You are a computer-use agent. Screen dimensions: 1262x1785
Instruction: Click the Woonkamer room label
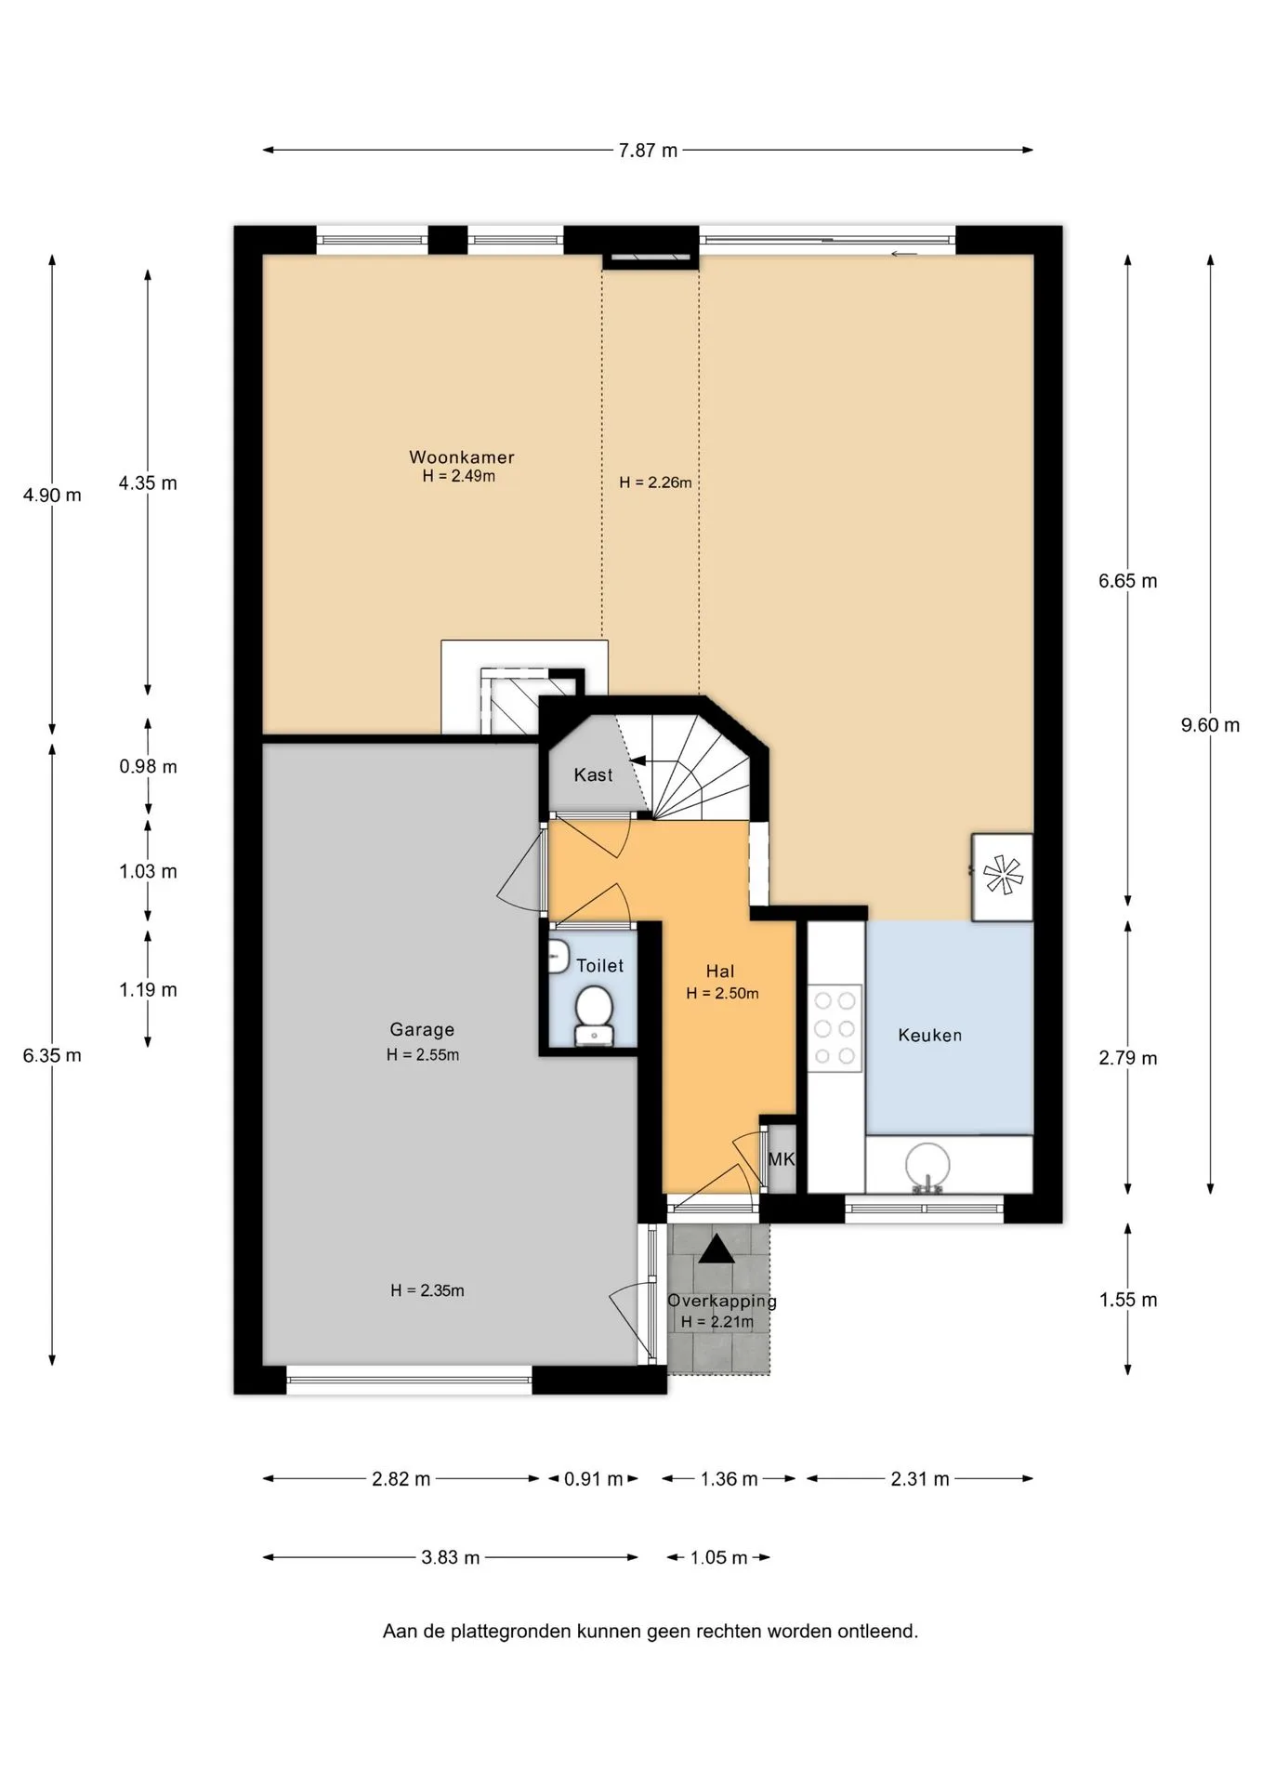click(x=462, y=457)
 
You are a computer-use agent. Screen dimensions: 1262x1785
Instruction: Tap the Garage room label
click(x=422, y=1030)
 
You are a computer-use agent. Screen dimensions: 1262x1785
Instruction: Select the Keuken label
click(x=929, y=1036)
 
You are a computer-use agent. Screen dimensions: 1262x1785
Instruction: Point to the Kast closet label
click(x=593, y=775)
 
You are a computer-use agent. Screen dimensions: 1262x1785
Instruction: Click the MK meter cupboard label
click(x=782, y=1159)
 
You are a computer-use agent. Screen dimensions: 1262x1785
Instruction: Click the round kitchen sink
click(x=927, y=1165)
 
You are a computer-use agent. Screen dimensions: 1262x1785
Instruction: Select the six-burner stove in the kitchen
click(x=835, y=1028)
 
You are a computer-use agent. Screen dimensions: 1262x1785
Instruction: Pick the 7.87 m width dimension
click(x=648, y=151)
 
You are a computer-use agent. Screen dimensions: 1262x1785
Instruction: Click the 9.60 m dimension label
click(x=1210, y=725)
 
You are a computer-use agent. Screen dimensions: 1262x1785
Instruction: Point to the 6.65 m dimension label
click(x=1128, y=581)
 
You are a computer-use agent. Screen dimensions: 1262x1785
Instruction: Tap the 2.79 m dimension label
click(x=1128, y=1058)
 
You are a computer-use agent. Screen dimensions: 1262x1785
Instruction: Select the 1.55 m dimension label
click(x=1128, y=1301)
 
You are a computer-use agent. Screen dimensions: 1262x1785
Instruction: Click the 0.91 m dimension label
click(x=593, y=1479)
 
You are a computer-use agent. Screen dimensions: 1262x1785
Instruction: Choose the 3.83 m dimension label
click(x=451, y=1557)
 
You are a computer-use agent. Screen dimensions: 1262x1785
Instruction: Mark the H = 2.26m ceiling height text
click(x=655, y=483)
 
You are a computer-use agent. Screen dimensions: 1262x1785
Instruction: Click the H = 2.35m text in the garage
click(x=427, y=1290)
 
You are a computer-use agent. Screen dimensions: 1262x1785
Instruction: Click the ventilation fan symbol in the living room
click(x=1002, y=876)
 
